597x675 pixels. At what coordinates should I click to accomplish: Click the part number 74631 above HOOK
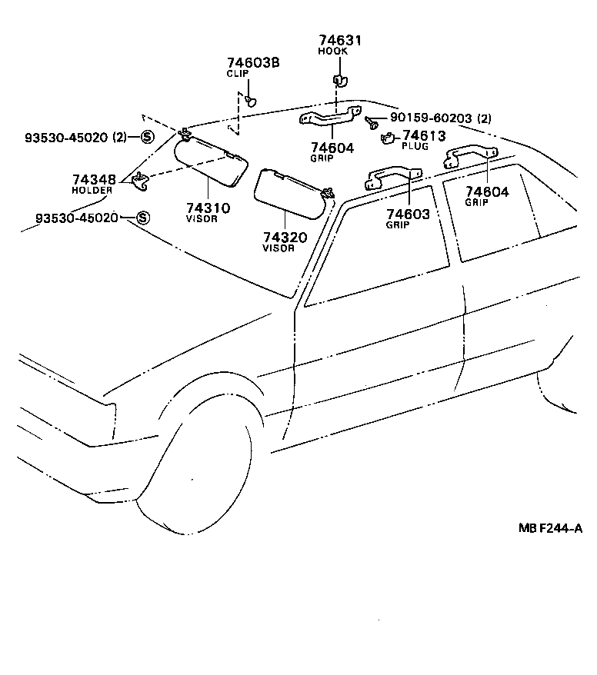339,41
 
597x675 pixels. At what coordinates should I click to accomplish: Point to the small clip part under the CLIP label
252,100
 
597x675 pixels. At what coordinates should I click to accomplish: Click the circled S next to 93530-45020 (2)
146,138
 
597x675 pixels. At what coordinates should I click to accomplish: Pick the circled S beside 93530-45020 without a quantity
142,218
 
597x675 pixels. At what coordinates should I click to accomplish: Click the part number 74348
95,180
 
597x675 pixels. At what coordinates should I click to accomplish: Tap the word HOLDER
92,190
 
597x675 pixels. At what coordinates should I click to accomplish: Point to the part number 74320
284,238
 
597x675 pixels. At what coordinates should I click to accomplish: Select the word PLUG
415,146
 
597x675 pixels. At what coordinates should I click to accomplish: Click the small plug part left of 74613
389,138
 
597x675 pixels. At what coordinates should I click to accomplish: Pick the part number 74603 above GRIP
408,214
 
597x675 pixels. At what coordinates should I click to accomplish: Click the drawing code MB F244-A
550,529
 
